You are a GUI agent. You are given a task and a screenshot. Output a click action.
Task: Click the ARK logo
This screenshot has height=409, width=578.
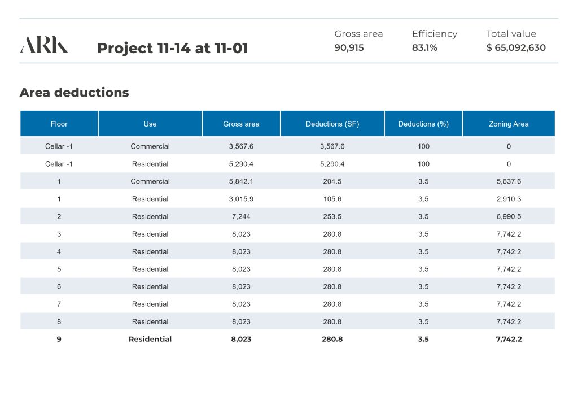tap(44, 45)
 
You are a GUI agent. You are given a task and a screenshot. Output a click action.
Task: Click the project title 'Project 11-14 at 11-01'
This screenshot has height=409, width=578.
tap(173, 49)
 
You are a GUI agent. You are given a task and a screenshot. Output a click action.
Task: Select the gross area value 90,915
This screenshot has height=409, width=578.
tap(349, 48)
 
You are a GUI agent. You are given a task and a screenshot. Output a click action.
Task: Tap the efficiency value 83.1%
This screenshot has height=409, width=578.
tap(424, 48)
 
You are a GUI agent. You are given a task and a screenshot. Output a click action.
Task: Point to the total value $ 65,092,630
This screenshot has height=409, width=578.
tap(516, 48)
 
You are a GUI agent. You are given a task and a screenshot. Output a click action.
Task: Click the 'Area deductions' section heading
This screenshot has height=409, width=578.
tap(74, 93)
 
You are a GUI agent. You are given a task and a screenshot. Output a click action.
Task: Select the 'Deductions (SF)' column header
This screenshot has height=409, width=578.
tap(332, 124)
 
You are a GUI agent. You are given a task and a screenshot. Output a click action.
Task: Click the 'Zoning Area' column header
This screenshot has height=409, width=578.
tap(509, 124)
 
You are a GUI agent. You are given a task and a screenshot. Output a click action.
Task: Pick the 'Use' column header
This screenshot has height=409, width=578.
tap(150, 124)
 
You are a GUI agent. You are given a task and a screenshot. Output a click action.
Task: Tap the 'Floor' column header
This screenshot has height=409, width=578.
tap(59, 124)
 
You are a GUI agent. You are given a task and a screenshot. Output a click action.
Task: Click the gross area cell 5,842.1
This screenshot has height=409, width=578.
tap(241, 181)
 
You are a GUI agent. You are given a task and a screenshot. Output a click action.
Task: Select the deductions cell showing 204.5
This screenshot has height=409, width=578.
tap(332, 181)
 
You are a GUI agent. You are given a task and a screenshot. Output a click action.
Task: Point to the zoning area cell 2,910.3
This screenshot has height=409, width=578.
tap(509, 199)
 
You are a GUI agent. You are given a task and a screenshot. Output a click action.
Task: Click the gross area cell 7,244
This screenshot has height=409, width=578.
tap(241, 216)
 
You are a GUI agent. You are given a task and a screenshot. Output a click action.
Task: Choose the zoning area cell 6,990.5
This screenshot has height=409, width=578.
tap(509, 216)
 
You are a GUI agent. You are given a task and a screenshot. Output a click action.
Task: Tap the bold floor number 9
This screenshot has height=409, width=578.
tap(59, 339)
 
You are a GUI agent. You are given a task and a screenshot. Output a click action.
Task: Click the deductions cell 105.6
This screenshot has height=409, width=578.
tap(332, 199)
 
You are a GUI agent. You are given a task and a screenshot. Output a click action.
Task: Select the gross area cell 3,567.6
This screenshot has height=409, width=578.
tap(241, 146)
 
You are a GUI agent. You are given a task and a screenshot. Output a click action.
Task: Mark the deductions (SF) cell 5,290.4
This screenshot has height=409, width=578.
tap(332, 164)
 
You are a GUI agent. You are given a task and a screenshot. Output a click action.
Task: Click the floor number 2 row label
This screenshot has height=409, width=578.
tap(59, 216)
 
